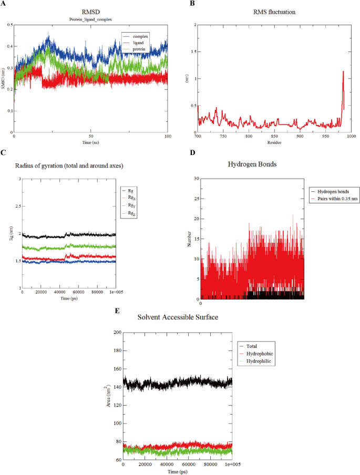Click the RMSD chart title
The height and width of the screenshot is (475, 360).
click(x=91, y=13)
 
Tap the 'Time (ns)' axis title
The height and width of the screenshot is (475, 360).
click(x=91, y=142)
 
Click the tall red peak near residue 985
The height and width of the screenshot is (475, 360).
click(x=343, y=72)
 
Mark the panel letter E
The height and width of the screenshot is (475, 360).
click(x=118, y=311)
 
